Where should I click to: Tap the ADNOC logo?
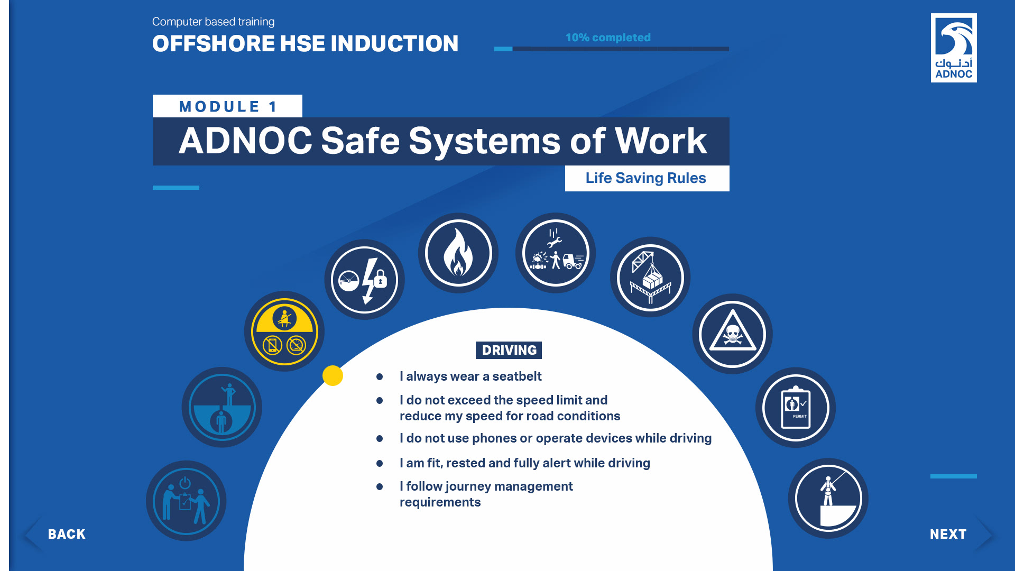click(x=954, y=48)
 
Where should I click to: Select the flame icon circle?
click(x=458, y=253)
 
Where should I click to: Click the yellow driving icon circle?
click(x=284, y=331)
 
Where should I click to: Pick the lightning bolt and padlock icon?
click(x=364, y=279)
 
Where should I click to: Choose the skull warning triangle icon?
click(x=732, y=334)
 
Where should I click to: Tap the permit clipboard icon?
click(x=796, y=408)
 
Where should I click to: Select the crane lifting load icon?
click(x=650, y=277)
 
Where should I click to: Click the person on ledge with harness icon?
click(x=828, y=499)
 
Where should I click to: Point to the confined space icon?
click(x=222, y=407)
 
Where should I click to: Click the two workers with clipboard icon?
click(x=186, y=501)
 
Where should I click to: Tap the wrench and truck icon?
click(x=556, y=253)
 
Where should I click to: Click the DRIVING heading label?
click(x=509, y=350)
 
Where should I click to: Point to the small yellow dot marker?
click(x=333, y=375)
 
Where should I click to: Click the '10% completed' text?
click(x=608, y=38)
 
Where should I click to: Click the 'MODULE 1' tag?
click(x=227, y=106)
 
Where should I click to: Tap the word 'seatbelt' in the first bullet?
click(x=517, y=376)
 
